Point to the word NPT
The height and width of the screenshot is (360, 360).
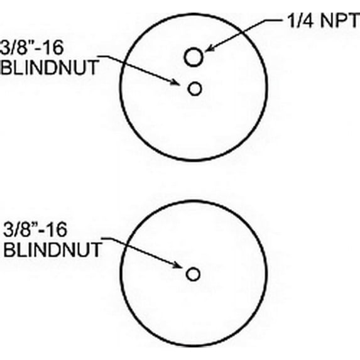[339, 21]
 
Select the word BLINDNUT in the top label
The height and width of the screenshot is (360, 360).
[50, 67]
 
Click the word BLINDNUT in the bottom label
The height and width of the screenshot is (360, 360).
[53, 249]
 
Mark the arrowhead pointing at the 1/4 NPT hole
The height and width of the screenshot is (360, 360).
[209, 48]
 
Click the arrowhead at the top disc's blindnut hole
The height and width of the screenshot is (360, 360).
[176, 82]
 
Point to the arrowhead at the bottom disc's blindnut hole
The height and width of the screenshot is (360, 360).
[177, 265]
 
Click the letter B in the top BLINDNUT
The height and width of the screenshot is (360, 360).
[6, 67]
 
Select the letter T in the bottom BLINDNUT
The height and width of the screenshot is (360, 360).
[96, 249]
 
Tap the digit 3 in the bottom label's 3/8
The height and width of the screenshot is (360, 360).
[8, 229]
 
